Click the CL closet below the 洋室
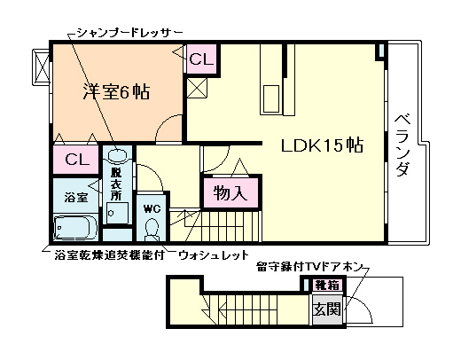tap(76, 160)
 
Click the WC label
tap(151, 207)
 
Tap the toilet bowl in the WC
tap(151, 229)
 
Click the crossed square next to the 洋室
tap(197, 89)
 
